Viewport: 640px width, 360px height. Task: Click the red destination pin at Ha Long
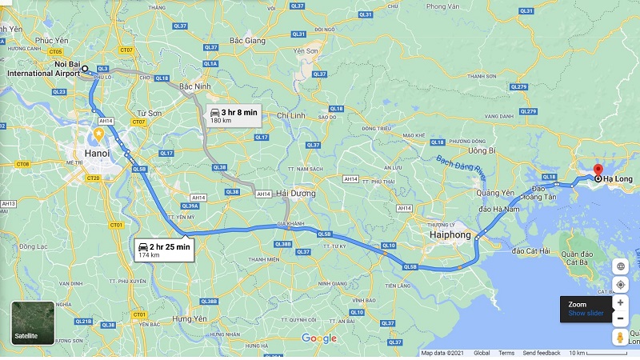598,170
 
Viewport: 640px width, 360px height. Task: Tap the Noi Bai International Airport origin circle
85,69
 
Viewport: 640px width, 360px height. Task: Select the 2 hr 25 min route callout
163,250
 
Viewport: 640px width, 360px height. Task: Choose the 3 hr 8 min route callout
233,116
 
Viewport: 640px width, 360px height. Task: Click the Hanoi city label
97,153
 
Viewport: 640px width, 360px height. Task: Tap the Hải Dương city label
295,194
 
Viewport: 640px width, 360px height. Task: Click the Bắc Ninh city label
195,86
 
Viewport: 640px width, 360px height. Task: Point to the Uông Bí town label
482,150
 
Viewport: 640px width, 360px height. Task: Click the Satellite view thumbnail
33,322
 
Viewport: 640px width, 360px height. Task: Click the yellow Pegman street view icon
620,337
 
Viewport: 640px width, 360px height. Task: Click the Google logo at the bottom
319,338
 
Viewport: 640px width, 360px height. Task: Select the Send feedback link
542,353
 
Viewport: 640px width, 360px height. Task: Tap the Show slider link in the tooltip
586,313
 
